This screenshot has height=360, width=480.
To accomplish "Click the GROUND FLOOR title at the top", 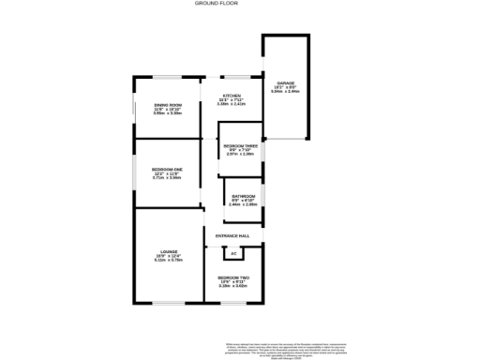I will tap(216, 4).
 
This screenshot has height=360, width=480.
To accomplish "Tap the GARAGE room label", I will tap(284, 82).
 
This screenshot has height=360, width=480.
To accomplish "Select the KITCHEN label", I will tap(232, 95).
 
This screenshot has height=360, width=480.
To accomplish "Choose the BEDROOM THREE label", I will tap(240, 145).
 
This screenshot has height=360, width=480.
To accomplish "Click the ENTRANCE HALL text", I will tap(232, 234).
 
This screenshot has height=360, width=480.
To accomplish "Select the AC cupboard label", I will tap(232, 253).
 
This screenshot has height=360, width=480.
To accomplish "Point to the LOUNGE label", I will tap(169, 250).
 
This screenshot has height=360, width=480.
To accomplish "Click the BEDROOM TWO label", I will tap(232, 277).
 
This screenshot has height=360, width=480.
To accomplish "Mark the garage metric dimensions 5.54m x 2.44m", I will tap(284, 92).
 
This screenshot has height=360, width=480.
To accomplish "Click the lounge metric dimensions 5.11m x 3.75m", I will tap(169, 261).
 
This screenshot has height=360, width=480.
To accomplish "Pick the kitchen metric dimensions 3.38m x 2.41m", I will tap(232, 104).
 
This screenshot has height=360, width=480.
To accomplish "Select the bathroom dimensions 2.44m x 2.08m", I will tap(243, 203).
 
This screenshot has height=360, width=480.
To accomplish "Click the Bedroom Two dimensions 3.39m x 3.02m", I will tap(232, 287).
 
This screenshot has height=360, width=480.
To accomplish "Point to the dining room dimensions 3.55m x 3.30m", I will tap(168, 112).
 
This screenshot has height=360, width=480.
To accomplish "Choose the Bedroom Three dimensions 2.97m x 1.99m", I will tap(240, 155).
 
